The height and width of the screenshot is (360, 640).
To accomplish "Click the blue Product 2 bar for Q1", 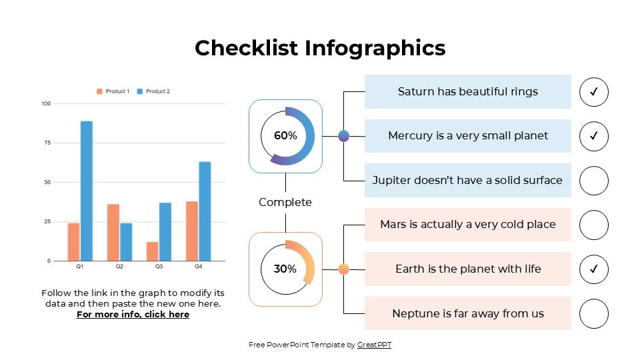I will point(87,191).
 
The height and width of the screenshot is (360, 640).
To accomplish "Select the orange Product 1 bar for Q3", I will point(152,251).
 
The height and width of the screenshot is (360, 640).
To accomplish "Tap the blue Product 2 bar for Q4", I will point(205,211).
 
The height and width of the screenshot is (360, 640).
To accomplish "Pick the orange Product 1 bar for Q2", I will point(113,233).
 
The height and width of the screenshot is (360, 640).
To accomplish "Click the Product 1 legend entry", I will point(113,91).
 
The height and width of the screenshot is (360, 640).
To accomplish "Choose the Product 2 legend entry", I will point(153,91).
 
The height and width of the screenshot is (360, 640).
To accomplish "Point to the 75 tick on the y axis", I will point(46,143).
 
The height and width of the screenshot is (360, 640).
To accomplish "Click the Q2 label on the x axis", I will point(119,267).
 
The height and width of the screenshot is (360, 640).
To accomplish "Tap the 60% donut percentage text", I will point(285,135).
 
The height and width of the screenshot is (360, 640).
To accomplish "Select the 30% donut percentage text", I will point(285,269).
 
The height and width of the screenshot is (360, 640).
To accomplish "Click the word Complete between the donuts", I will point(285,202).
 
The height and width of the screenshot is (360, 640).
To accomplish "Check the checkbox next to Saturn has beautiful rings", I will point(594,92).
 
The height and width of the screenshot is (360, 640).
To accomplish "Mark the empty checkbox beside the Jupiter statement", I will point(594,181).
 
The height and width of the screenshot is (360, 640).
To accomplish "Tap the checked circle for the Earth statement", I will point(594,269).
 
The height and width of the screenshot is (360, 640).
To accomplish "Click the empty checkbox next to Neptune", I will point(594,314).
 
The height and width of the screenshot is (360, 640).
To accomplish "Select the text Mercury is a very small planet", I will point(468,136).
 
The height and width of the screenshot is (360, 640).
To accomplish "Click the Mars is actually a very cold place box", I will point(468,225).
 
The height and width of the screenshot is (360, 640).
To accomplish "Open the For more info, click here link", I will point(133,315).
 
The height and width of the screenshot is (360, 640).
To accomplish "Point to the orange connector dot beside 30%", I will point(344,269).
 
